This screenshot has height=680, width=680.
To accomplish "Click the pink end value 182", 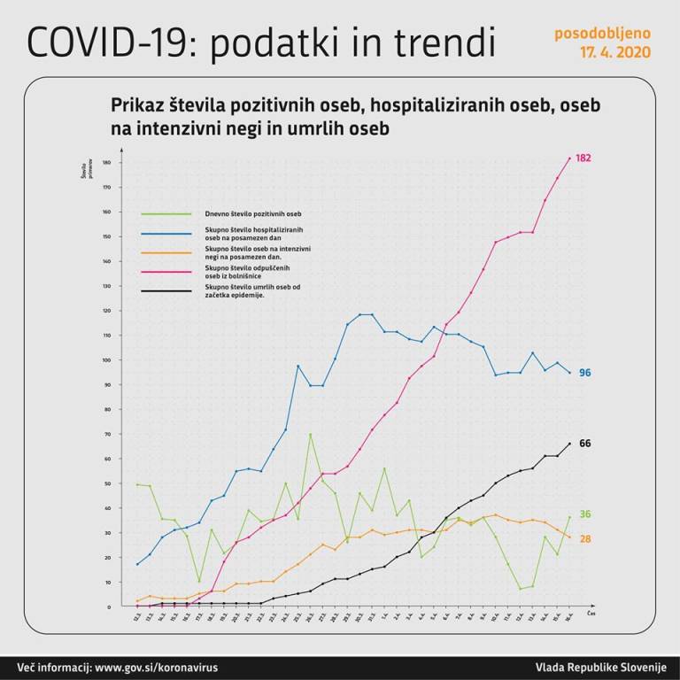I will point(583,158).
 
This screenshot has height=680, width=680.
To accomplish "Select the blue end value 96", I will point(584,373).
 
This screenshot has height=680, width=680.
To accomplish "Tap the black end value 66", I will point(584,443).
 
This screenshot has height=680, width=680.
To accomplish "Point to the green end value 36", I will point(584,514).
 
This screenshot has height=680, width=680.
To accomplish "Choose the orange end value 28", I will point(584,538).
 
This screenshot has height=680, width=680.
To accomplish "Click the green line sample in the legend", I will point(166,213).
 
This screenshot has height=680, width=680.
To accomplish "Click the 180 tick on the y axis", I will point(106,163).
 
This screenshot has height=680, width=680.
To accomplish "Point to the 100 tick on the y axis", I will point(106,360).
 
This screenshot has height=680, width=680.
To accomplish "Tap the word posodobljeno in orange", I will point(602,34).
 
